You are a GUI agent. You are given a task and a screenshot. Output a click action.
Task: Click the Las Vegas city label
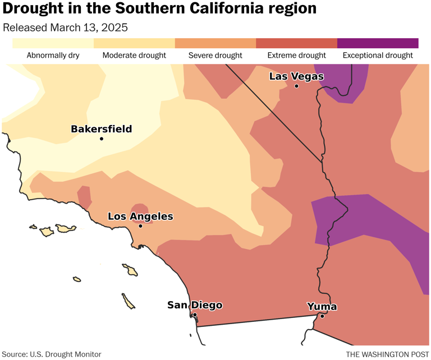click(296, 76)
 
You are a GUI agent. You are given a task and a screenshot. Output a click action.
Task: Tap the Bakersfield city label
click(102, 129)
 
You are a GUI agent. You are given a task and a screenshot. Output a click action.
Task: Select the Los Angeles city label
click(140, 216)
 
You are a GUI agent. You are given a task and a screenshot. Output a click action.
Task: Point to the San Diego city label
click(195, 305)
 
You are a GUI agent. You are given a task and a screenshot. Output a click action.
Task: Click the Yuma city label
click(322, 306)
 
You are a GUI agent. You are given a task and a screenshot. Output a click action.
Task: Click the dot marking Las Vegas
click(296, 86)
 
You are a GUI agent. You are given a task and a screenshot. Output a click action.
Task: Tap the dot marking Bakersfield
click(102, 139)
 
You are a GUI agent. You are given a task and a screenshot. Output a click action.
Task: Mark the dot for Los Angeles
click(140, 226)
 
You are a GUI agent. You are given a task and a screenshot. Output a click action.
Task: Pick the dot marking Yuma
click(322, 316)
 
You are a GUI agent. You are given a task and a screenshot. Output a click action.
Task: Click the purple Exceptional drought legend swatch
click(378, 43)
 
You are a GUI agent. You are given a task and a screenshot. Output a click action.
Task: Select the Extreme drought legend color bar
click(296, 43)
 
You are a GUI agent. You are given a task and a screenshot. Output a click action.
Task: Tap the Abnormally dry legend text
click(53, 56)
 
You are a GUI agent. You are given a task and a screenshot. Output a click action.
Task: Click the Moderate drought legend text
click(134, 56)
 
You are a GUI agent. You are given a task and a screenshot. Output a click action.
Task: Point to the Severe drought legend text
click(215, 56)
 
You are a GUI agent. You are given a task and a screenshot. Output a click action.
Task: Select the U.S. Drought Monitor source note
click(52, 354)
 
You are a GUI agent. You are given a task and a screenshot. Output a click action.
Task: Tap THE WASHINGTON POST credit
click(386, 354)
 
